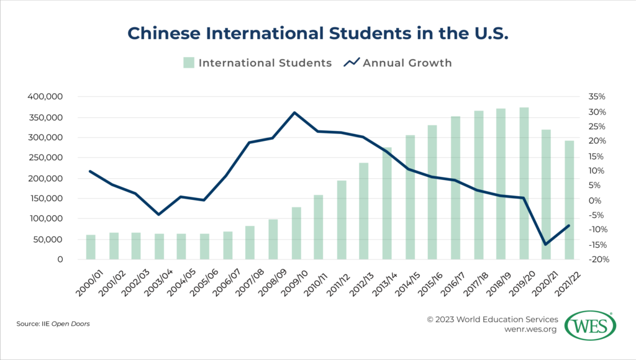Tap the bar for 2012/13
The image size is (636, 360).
(x=364, y=211)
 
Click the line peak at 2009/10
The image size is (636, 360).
(x=295, y=112)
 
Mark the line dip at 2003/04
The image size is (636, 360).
(x=159, y=214)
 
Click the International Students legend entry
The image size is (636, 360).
(x=258, y=63)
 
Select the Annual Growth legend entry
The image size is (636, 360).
(x=399, y=63)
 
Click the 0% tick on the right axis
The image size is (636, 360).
(x=591, y=200)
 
